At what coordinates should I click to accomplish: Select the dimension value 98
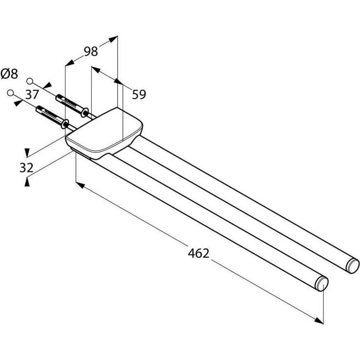pos(91,51)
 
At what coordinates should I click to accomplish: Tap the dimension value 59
pos(139,95)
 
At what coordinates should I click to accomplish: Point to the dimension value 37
pos(32,95)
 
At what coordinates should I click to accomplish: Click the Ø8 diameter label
pos(9,74)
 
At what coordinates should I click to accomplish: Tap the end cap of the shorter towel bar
pos(322,284)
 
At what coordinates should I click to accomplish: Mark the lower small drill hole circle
pos(10,93)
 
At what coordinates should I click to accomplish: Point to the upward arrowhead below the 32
pos(27,181)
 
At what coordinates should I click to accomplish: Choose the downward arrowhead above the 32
pos(27,152)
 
